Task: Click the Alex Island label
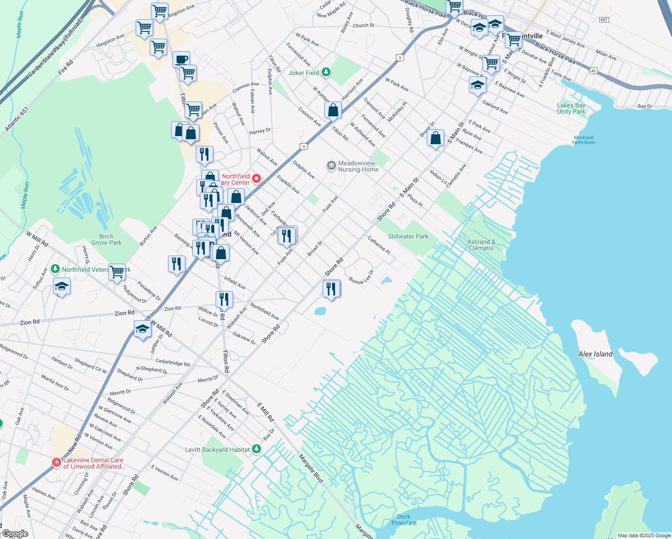tap(595, 354)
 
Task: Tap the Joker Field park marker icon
tap(327, 72)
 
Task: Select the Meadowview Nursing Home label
tap(358, 166)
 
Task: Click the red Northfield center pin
tap(256, 179)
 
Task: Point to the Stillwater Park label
tap(408, 236)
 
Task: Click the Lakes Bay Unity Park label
tap(571, 108)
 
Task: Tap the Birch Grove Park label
tap(106, 239)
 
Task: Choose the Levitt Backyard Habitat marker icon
tap(256, 449)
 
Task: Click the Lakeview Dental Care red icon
tap(57, 462)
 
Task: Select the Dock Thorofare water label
tap(403, 520)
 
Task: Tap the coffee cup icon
tap(181, 59)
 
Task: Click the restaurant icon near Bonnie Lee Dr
tap(332, 288)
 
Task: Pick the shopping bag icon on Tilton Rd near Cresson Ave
tap(333, 110)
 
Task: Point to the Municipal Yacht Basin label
tap(584, 140)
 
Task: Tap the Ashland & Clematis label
tap(481, 245)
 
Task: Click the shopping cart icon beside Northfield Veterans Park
tap(117, 271)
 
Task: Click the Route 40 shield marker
tap(594, 71)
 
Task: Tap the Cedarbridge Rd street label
tap(172, 362)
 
